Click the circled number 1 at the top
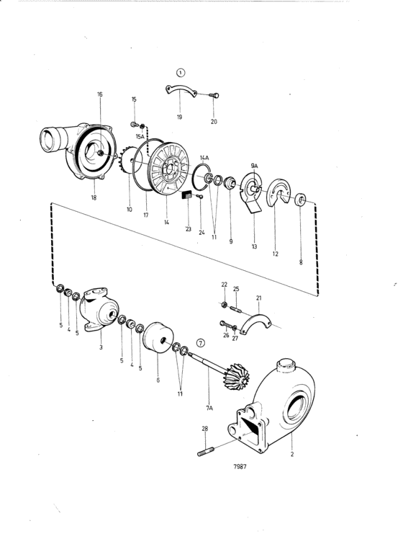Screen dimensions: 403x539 tap(181, 73)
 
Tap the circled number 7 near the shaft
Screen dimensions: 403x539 tap(201, 343)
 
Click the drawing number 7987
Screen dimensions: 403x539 tap(240, 466)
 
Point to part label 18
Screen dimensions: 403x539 tap(94, 197)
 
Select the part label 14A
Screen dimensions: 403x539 tap(204, 158)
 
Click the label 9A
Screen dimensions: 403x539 tap(254, 166)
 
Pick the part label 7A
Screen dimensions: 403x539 tap(209, 408)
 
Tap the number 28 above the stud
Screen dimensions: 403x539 tap(205, 429)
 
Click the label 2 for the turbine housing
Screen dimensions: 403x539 tap(292, 454)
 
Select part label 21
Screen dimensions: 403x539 tap(259, 298)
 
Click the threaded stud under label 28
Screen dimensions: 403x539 tap(206, 451)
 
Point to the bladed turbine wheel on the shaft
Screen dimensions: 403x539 tap(237, 376)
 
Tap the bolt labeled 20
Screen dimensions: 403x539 tap(214, 95)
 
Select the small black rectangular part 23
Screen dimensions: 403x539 tap(187, 195)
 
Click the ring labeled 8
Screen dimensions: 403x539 tap(300, 200)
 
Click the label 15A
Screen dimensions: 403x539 tap(140, 136)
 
